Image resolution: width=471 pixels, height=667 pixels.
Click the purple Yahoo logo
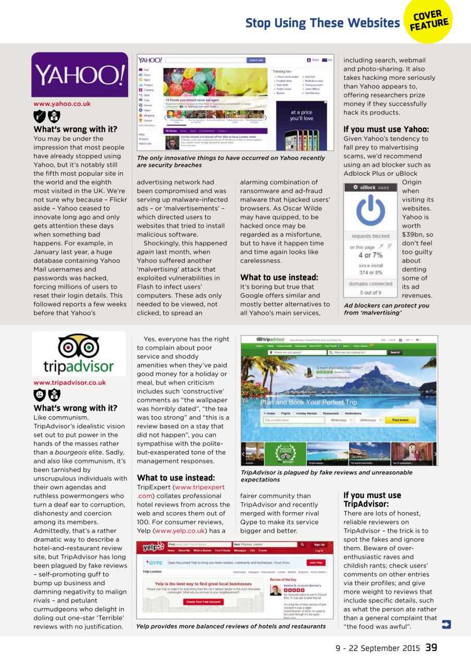[79, 76]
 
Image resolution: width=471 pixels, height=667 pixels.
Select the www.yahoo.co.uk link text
[61, 104]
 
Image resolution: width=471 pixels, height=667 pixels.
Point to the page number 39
[431, 648]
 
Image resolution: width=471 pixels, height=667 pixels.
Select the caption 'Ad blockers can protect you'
[386, 305]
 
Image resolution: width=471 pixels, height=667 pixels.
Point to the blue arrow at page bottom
[446, 624]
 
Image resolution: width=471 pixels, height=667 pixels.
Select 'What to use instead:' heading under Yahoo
[279, 277]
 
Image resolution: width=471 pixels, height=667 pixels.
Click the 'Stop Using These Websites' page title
[322, 23]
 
